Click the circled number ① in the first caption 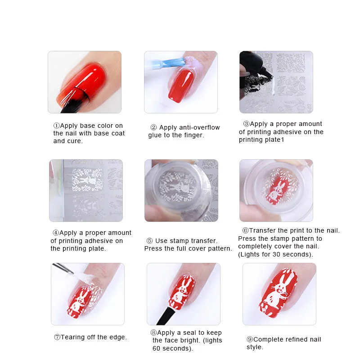point(56,126)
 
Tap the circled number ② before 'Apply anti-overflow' point(153,128)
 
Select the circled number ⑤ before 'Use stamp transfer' point(150,241)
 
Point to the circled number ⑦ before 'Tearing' point(57,337)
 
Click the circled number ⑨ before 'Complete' point(250,339)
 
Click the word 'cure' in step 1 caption point(75,141)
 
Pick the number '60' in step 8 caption point(157,348)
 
